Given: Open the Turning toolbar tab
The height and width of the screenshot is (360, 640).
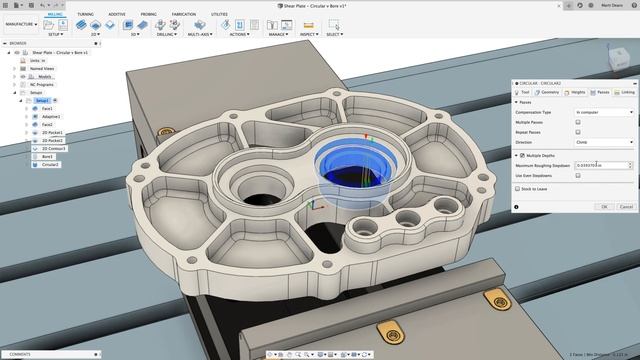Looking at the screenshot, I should [x=85, y=15].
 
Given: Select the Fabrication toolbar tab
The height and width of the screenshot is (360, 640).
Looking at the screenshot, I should [x=184, y=15].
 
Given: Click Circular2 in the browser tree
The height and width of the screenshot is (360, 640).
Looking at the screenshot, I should [x=50, y=164].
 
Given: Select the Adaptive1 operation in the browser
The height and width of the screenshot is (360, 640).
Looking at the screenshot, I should [x=52, y=116].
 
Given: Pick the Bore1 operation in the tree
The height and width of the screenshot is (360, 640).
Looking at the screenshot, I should [x=47, y=156].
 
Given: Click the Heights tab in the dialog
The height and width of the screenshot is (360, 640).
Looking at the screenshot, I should [x=577, y=91].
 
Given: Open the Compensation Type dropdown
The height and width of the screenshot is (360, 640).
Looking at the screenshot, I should [x=604, y=112].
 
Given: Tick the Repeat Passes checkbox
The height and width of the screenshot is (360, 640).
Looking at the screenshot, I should [x=578, y=132].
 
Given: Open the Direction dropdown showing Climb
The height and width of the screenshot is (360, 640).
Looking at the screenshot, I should [x=604, y=142].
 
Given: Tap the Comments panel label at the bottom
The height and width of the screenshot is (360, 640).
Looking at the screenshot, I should [x=20, y=354].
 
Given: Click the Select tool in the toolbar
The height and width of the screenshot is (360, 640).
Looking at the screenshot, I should [x=334, y=26].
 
